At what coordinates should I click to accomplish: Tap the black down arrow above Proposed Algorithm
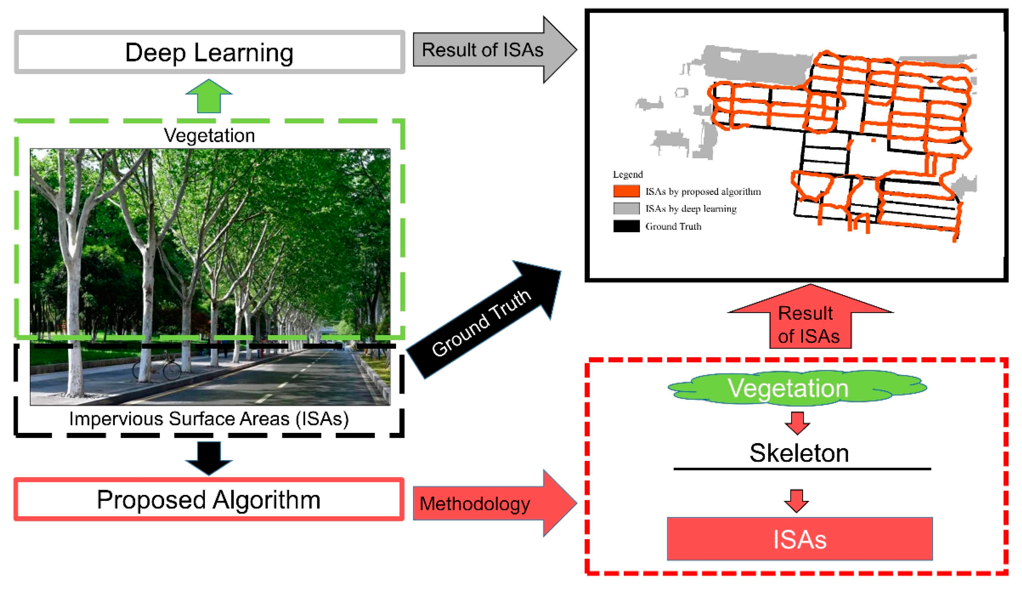pyautogui.click(x=209, y=457)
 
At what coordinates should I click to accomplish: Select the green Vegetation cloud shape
pyautogui.click(x=796, y=388)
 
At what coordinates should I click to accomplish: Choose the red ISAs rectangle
pyautogui.click(x=799, y=539)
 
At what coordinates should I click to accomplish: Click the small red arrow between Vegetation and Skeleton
pyautogui.click(x=797, y=423)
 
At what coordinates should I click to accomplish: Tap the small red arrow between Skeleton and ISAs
pyautogui.click(x=796, y=501)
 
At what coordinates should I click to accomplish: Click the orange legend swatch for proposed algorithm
pyautogui.click(x=626, y=191)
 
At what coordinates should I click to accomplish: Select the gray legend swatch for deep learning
pyautogui.click(x=626, y=208)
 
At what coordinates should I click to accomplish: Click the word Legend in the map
pyautogui.click(x=627, y=174)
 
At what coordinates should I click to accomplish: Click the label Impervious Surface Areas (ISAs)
pyautogui.click(x=209, y=419)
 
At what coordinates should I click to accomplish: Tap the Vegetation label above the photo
pyautogui.click(x=209, y=135)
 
